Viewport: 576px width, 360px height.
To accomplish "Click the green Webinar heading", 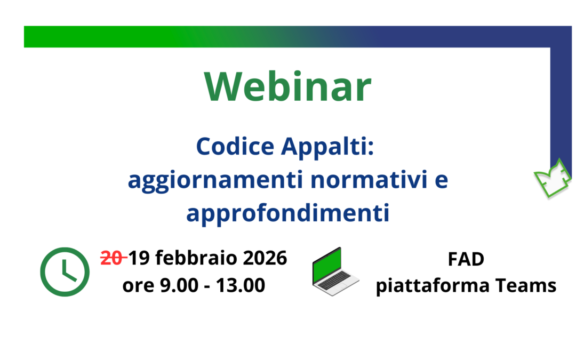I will tap(287, 87).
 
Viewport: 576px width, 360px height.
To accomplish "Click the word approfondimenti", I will tap(287, 213).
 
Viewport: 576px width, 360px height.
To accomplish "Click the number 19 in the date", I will tap(139, 258).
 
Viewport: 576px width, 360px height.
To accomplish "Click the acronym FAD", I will tap(466, 259).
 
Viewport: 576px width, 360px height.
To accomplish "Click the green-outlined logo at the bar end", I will tap(553, 178).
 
